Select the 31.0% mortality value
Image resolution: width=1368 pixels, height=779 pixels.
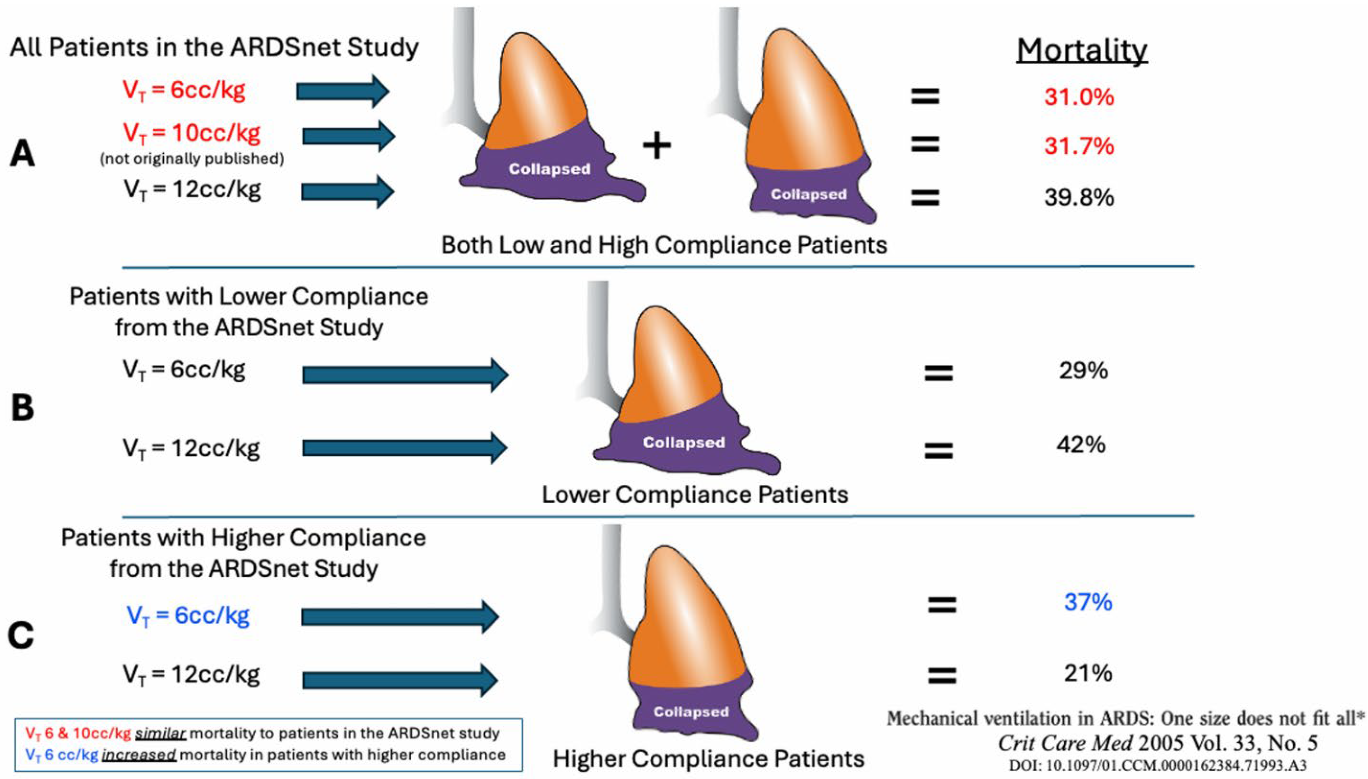[1079, 97]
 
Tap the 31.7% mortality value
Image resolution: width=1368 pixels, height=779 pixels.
[1079, 146]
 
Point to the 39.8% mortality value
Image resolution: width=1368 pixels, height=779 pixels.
[1079, 198]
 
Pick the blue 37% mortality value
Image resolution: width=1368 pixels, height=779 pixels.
[1087, 602]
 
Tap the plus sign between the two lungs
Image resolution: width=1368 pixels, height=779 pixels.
[657, 146]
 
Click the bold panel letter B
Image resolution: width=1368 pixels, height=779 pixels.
[23, 408]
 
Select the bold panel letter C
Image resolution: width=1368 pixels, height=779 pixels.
[21, 636]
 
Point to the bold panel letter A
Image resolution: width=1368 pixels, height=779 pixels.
[23, 154]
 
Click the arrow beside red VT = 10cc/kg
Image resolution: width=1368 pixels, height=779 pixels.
[348, 136]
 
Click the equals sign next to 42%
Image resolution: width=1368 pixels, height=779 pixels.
[938, 450]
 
